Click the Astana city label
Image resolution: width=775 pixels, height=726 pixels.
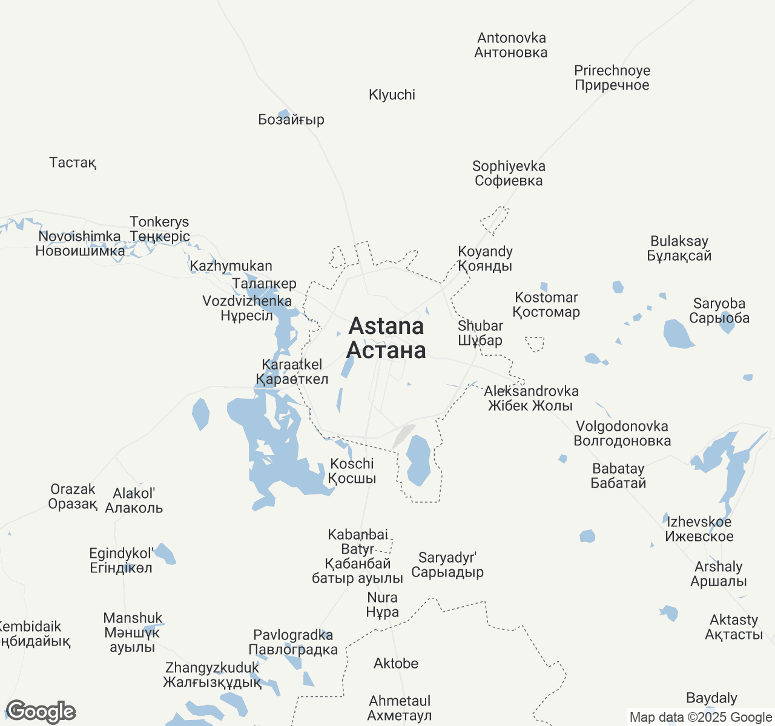(386, 338)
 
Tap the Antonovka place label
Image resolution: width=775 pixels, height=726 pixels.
(511, 45)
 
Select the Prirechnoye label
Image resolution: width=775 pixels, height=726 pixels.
(612, 77)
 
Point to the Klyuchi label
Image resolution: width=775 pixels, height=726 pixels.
(392, 94)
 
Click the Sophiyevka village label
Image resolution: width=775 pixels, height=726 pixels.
(509, 173)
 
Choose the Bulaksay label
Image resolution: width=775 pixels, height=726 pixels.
(679, 248)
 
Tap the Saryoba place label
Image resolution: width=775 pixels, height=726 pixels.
(719, 310)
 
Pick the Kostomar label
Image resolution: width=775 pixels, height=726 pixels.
(546, 304)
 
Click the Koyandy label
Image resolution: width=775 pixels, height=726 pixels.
(485, 258)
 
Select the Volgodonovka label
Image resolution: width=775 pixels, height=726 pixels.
(622, 433)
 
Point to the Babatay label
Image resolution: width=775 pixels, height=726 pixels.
(618, 476)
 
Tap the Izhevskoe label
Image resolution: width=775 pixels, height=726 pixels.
(699, 529)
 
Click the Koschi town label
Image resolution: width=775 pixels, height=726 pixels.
(352, 471)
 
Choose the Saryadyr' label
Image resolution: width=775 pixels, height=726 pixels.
(447, 564)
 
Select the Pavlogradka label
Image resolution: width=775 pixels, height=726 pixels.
(293, 642)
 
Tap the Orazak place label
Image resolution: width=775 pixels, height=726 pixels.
(73, 496)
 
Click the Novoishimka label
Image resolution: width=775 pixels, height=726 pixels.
(80, 243)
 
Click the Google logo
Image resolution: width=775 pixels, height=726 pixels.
(41, 711)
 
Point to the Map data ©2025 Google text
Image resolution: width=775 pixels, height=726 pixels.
(701, 718)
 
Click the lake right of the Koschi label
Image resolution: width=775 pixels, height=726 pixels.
(418, 460)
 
